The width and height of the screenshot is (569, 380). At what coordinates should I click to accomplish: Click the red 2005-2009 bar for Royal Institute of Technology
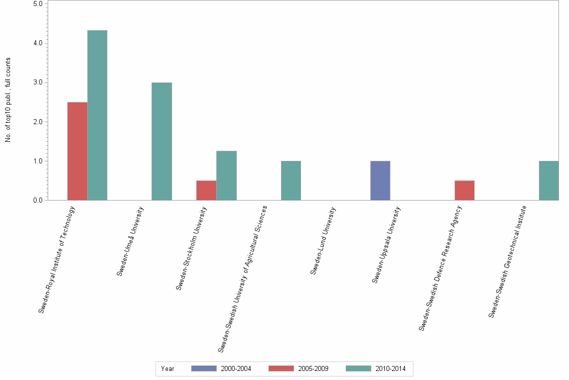(77, 151)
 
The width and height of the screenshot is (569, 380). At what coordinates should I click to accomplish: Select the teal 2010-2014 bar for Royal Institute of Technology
(97, 115)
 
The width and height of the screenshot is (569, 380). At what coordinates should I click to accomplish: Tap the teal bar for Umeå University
(162, 141)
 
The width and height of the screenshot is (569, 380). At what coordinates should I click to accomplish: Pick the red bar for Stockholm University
(206, 191)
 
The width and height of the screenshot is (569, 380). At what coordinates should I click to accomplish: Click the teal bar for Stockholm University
(226, 175)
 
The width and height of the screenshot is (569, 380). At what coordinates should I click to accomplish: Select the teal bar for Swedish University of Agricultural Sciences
(291, 180)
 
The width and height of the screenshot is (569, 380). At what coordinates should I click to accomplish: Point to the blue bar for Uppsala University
(380, 180)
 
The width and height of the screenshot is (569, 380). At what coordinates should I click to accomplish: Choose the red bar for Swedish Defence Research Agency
(464, 191)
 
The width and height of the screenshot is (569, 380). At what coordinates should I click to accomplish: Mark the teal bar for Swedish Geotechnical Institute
(548, 180)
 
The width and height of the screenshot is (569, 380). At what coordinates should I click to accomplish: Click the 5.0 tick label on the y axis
(38, 4)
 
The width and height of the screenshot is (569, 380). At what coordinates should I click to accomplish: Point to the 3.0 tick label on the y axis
(38, 82)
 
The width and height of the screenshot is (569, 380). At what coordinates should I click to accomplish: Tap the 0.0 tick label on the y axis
(38, 201)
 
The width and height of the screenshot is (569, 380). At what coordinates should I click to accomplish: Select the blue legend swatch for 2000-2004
(204, 368)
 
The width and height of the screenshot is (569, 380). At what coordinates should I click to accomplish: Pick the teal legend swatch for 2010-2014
(359, 368)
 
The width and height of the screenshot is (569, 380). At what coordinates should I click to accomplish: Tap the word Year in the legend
(168, 369)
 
